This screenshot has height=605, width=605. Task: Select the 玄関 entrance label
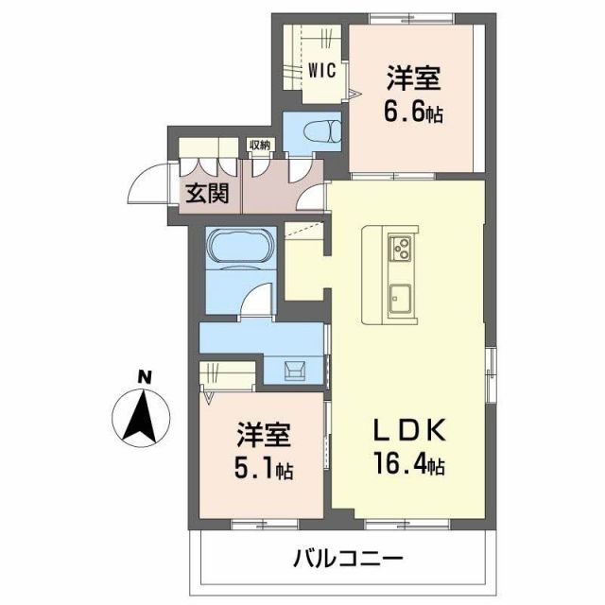204,194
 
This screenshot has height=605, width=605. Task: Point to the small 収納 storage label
259,145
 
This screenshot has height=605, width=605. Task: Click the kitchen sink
398,300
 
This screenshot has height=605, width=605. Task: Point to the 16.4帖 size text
408,466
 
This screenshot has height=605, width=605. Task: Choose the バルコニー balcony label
347,557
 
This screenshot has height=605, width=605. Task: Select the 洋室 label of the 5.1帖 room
262,437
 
